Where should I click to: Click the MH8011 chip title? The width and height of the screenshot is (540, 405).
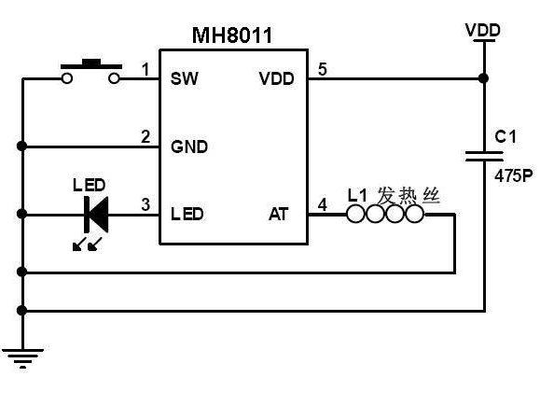coord(232,35)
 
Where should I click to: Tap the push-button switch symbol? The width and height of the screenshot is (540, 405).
coord(90,71)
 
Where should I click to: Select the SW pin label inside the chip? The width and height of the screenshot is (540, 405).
coord(185,78)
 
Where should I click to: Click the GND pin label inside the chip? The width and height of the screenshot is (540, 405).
coord(189,147)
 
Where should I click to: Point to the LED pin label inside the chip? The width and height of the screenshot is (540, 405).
coord(187,214)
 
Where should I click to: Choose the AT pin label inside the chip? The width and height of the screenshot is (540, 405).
coord(278,214)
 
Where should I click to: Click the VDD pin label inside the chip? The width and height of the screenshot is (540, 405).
coord(277,78)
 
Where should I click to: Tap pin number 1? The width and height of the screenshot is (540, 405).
coord(146,69)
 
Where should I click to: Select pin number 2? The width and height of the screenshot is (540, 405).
coord(145,136)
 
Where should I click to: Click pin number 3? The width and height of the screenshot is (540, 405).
coord(145,204)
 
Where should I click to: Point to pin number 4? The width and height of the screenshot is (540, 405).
coord(323,204)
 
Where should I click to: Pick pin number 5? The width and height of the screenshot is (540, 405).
coord(323,69)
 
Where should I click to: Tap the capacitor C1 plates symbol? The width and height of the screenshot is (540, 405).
coord(484,156)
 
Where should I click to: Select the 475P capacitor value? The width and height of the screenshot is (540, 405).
coord(514,176)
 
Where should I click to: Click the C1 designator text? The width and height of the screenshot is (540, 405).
coord(505,136)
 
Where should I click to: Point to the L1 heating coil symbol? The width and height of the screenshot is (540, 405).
coord(385,214)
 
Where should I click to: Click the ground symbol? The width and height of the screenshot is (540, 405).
coord(22,358)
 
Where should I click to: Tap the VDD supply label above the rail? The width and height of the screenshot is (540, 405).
coord(483,30)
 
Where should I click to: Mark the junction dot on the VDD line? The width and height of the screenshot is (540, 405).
coord(484,78)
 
